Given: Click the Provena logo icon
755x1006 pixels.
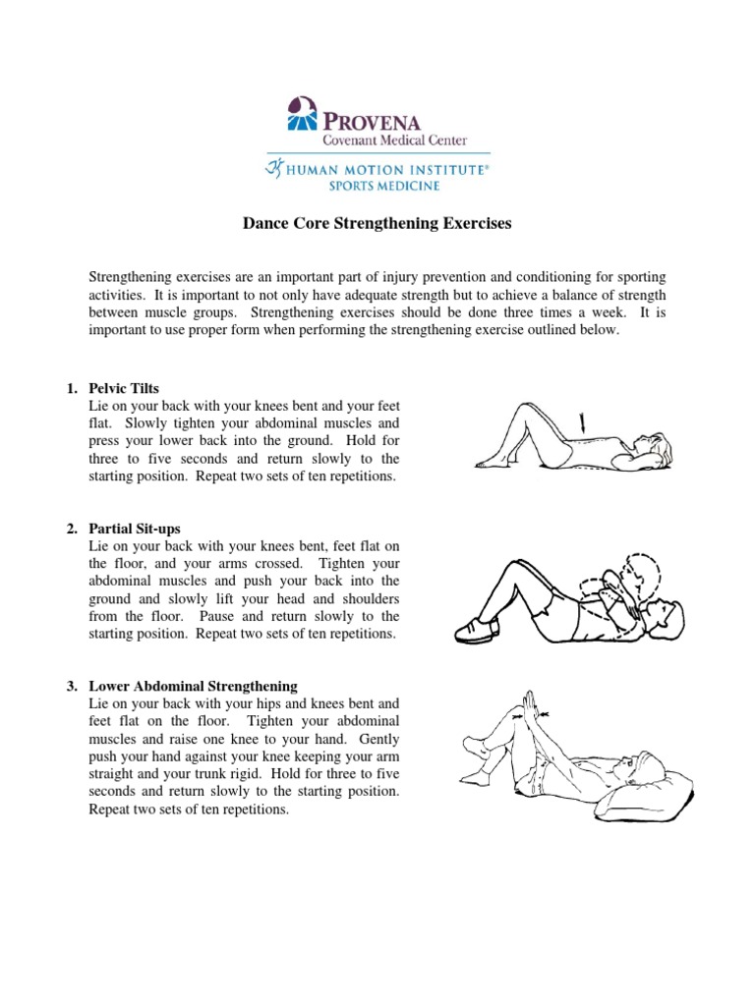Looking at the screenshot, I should click(302, 113).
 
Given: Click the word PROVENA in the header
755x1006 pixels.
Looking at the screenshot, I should click(373, 122).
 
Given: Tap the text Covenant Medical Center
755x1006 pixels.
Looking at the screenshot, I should click(389, 140).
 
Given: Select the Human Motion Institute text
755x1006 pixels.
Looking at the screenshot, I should click(385, 169).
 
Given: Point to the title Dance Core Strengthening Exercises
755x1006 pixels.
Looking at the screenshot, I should click(377, 224).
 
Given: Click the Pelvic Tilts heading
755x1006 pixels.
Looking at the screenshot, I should click(124, 388).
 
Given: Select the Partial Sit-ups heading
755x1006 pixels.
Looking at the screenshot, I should click(135, 529).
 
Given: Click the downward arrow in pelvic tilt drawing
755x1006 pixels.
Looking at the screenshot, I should click(585, 424).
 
